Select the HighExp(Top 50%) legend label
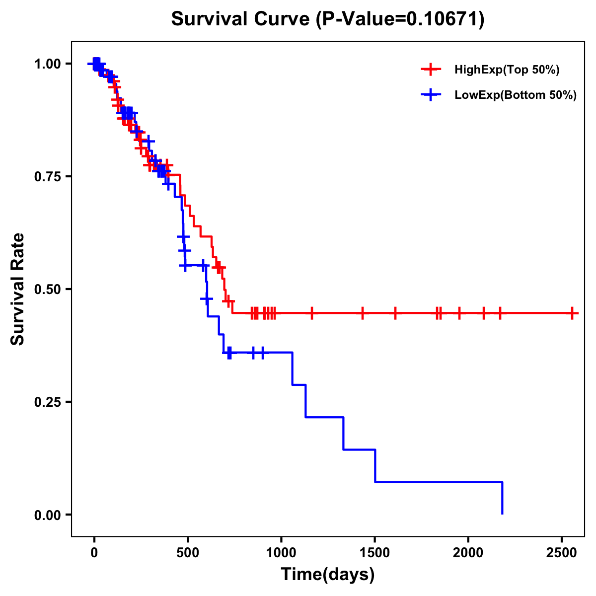(x=507, y=70)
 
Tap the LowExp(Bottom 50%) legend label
(x=515, y=95)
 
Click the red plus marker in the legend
(x=431, y=70)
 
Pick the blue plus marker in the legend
(x=431, y=95)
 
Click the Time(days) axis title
(x=328, y=575)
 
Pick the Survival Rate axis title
(x=18, y=289)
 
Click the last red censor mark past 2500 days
(x=573, y=313)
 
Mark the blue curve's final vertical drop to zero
(x=502, y=498)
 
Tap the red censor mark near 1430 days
(x=362, y=313)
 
